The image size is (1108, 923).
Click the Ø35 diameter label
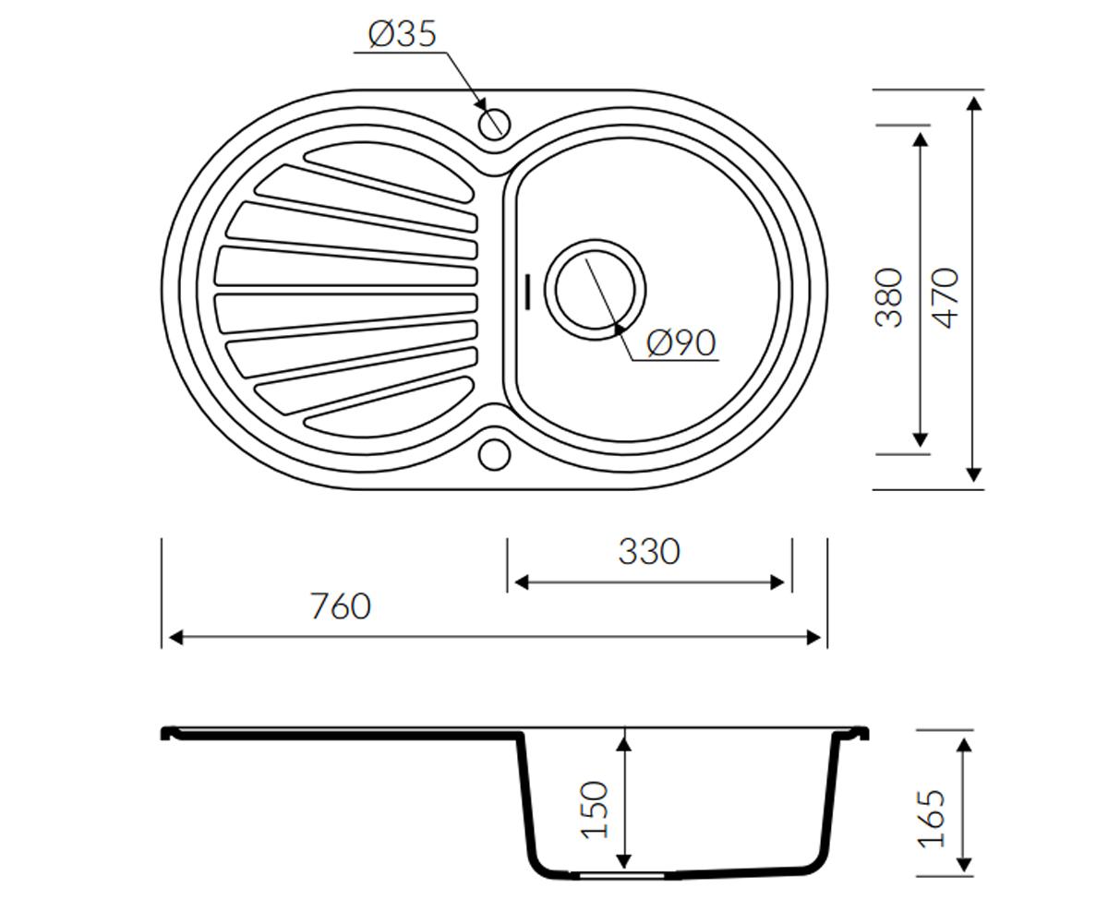tap(403, 34)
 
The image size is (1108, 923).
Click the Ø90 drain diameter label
tap(681, 342)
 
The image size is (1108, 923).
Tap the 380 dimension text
tap(888, 298)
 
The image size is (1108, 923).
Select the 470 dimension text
tap(945, 298)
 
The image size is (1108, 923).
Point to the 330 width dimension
tap(649, 551)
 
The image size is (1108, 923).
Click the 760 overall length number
tap(341, 605)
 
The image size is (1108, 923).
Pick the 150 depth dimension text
tap(595, 810)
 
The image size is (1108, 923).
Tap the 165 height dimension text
tap(932, 819)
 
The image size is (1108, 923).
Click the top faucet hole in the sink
tap(495, 124)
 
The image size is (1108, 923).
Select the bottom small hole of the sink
tap(495, 454)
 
